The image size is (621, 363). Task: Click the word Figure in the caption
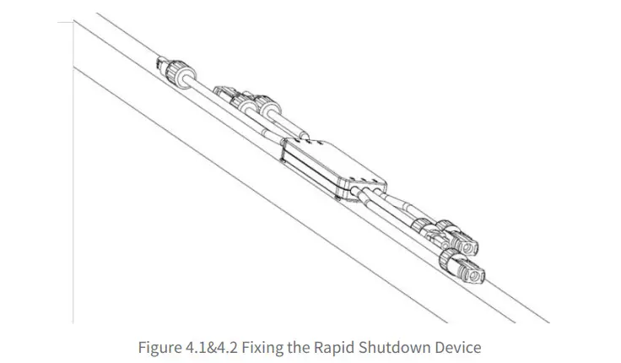pyautogui.click(x=159, y=346)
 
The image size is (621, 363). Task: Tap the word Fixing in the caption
pyautogui.click(x=268, y=346)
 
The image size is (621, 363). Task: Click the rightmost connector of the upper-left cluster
pyautogui.click(x=269, y=111)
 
